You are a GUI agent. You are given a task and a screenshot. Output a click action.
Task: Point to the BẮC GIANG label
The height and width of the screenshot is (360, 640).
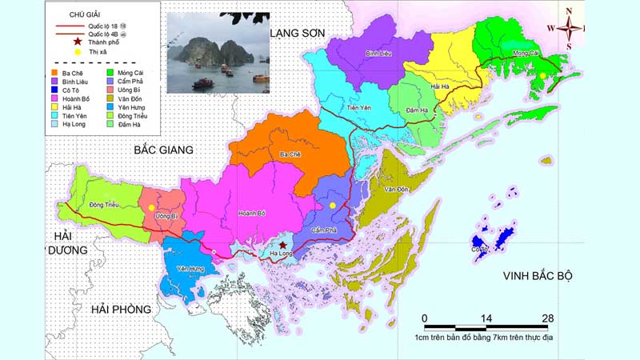coord(165,150)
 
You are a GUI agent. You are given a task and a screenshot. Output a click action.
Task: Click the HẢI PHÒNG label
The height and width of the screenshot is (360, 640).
coord(121,310)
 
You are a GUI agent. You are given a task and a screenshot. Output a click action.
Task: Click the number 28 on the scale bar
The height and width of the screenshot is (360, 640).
coord(547,318)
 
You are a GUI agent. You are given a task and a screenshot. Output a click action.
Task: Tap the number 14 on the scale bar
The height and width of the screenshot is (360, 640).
coord(486,318)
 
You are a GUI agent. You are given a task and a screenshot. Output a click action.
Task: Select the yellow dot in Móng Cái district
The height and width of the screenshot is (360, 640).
coord(543,75)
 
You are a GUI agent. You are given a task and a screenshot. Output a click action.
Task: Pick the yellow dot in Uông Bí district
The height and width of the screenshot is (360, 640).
coord(151,207)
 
